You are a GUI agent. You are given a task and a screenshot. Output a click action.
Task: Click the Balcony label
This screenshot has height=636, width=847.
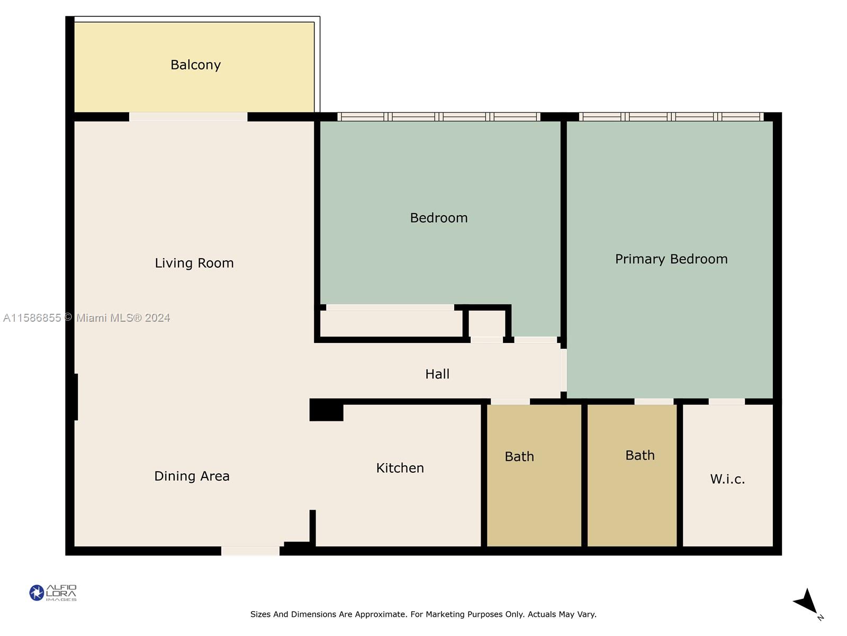[195, 65]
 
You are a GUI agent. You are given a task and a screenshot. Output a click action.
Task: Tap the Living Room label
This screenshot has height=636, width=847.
[194, 263]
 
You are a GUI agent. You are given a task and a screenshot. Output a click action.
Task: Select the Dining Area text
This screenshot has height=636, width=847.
[192, 476]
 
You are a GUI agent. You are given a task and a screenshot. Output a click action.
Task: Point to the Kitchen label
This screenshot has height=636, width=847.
[400, 468]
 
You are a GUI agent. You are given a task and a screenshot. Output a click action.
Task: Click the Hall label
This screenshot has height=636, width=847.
[437, 374]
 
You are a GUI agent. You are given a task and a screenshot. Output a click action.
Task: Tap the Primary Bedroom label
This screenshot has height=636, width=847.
[671, 259]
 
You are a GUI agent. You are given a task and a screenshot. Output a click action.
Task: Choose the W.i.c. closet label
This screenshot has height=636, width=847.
[727, 479]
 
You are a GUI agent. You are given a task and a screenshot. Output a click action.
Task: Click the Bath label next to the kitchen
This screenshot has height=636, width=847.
[519, 456]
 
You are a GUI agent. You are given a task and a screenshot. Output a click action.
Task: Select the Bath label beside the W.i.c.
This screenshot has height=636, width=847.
[640, 455]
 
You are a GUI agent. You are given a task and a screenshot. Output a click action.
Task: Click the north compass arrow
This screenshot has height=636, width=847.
[806, 603]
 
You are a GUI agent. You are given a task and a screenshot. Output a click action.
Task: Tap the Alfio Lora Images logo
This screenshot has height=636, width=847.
[53, 593]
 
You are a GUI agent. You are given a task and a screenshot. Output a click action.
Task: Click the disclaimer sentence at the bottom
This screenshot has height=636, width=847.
[424, 614]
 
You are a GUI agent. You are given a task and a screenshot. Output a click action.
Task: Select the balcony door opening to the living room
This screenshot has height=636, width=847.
[188, 117]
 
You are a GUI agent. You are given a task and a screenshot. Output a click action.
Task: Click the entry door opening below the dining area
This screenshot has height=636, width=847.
[250, 551]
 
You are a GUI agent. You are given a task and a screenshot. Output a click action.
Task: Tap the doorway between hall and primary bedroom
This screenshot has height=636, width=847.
[564, 370]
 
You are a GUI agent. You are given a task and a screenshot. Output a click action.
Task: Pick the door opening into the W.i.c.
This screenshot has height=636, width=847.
[727, 402]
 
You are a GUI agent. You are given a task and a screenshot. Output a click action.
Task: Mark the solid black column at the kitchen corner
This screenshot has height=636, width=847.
[327, 410]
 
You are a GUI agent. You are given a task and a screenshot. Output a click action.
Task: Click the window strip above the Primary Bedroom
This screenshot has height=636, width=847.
[671, 117]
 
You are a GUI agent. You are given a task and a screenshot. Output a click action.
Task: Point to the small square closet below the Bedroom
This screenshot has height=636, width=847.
[487, 324]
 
